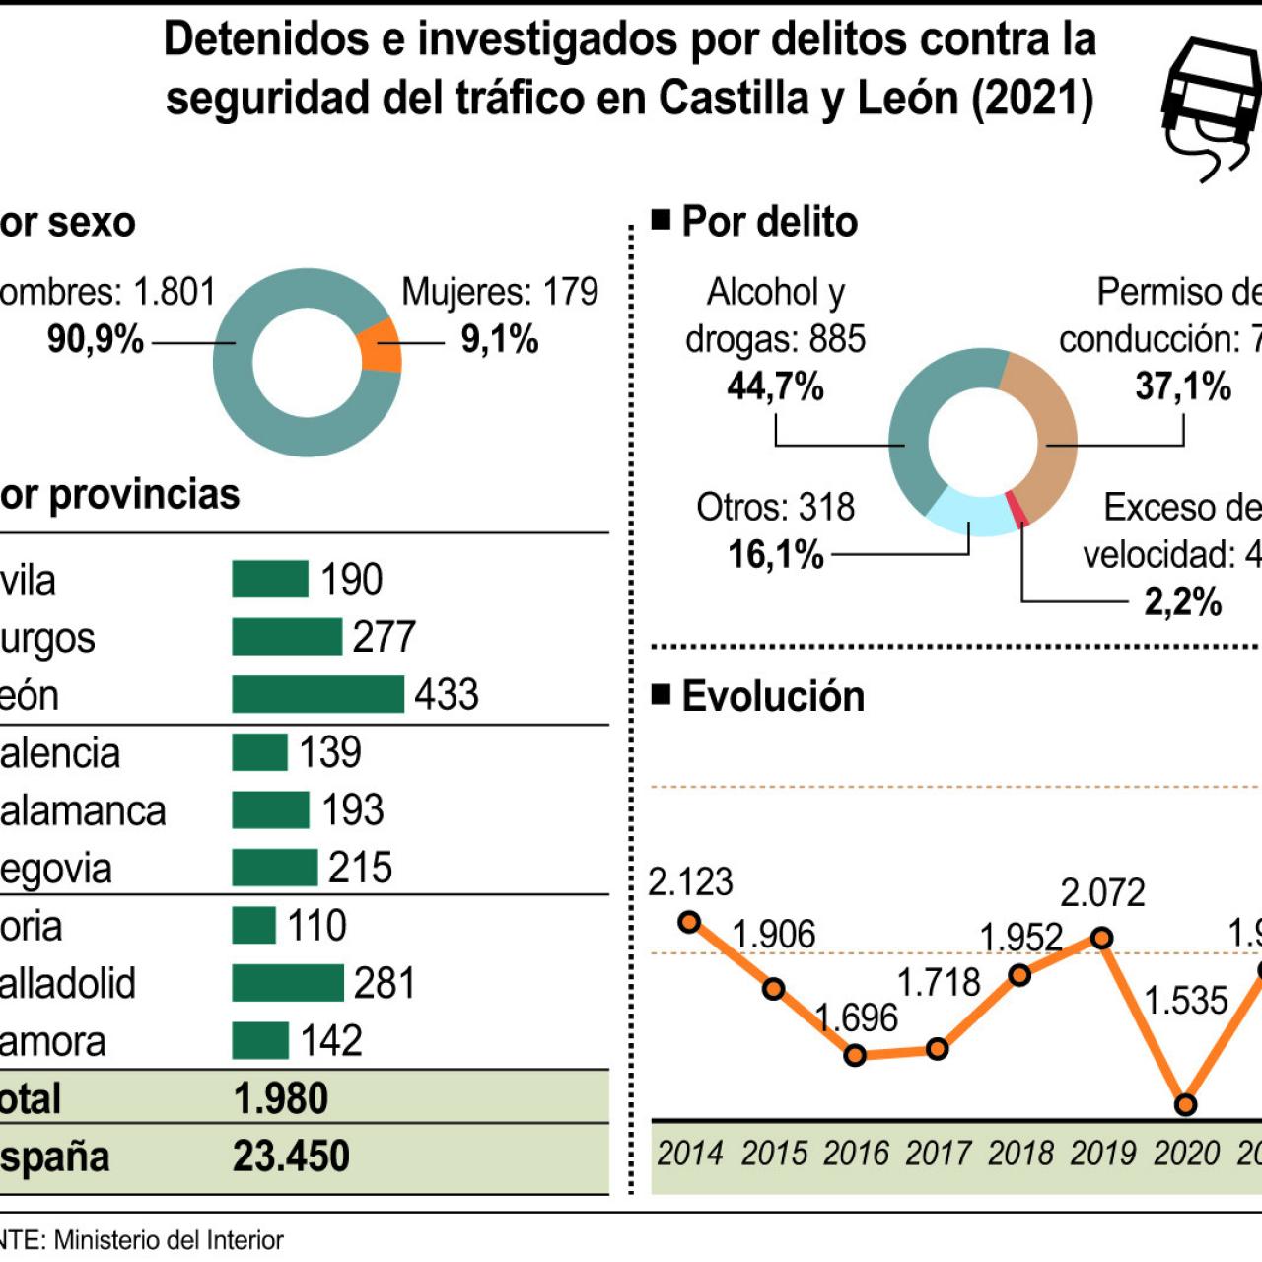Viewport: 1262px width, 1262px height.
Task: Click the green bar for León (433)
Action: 317,694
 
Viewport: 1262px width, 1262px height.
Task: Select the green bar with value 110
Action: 253,926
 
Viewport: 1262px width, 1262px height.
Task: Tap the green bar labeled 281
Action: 288,983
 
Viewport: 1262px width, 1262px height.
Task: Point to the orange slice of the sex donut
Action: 381,346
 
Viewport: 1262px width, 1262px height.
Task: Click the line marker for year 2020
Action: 1186,1104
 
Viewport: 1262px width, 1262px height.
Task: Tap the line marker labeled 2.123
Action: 690,922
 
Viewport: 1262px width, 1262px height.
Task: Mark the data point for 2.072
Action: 1102,938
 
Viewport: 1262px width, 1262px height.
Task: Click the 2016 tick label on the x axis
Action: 856,1153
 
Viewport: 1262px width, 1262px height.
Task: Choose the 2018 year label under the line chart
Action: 1020,1153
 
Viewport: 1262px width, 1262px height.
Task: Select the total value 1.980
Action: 281,1098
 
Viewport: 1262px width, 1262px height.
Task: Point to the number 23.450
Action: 291,1157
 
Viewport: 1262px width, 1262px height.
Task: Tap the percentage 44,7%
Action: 775,386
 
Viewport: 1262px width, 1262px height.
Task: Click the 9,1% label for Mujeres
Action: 500,340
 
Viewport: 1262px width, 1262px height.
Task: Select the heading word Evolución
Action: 773,696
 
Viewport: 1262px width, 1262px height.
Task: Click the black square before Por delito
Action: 661,219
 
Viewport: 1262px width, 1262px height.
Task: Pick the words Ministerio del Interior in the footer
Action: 169,1240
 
